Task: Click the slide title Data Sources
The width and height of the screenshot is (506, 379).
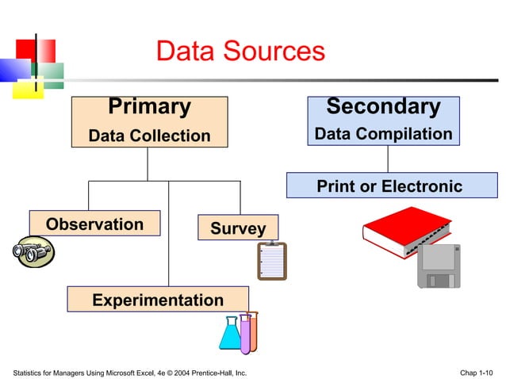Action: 240,52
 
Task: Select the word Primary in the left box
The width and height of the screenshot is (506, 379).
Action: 149,107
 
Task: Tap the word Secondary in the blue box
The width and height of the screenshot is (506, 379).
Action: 383,106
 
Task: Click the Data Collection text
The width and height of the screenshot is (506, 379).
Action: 149,136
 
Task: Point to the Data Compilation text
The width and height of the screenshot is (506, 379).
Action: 383,134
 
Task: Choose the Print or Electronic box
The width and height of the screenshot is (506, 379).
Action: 389,186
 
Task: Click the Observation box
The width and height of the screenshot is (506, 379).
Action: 94,224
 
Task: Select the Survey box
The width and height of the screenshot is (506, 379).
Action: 237,228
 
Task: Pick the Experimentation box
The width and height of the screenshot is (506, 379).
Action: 158,300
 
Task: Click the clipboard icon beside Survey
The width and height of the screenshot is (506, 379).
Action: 271,261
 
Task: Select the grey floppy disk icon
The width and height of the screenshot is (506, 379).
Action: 439,266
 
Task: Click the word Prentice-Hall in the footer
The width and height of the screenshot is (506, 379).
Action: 213,372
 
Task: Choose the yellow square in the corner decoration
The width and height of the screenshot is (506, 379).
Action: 25,88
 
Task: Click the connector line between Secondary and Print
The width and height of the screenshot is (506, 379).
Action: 387,159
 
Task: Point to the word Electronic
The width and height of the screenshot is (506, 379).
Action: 422,186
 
